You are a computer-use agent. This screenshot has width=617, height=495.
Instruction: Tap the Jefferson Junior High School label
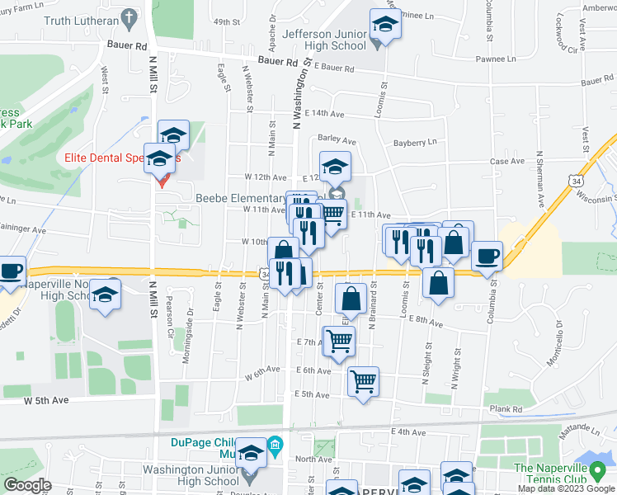pos(324,40)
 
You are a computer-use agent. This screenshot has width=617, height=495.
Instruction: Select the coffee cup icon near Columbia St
pos(487,256)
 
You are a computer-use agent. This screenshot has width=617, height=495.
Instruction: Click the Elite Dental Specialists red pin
pos(162,180)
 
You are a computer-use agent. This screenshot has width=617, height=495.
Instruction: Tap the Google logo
pos(27,485)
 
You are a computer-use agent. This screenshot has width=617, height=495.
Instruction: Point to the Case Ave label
pos(507,162)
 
